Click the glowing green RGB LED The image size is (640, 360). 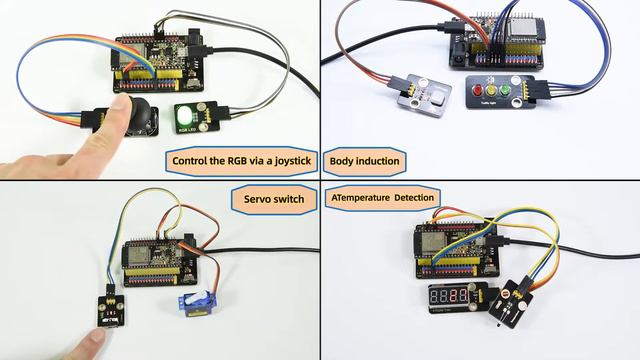coord(187,111)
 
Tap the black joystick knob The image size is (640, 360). coord(140,108)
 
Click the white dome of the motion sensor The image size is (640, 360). coord(419,91)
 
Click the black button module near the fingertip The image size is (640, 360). coord(107,306)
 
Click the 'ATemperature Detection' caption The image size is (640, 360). coord(382,198)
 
